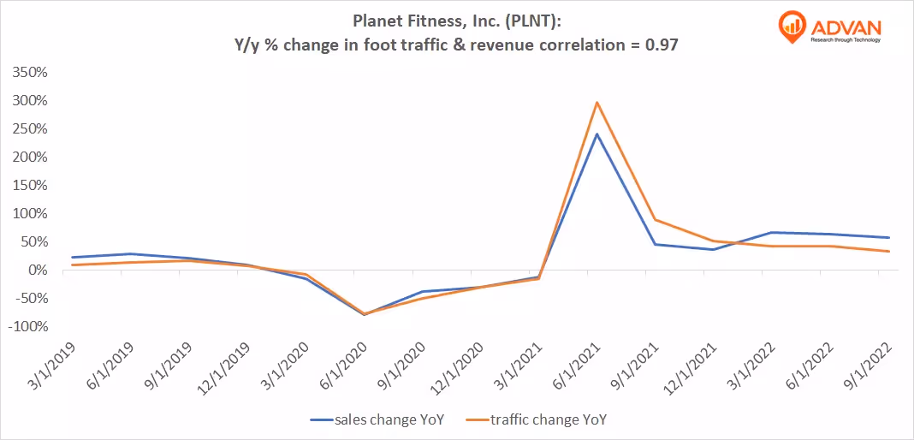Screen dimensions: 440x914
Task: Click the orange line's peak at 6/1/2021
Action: pos(596,103)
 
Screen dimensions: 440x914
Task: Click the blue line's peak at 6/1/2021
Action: pos(596,134)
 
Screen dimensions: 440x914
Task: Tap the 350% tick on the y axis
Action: pos(31,72)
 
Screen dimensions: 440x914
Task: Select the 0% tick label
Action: pos(39,271)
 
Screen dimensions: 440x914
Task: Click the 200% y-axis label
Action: pos(31,158)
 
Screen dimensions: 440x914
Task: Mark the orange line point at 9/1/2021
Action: pos(655,220)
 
